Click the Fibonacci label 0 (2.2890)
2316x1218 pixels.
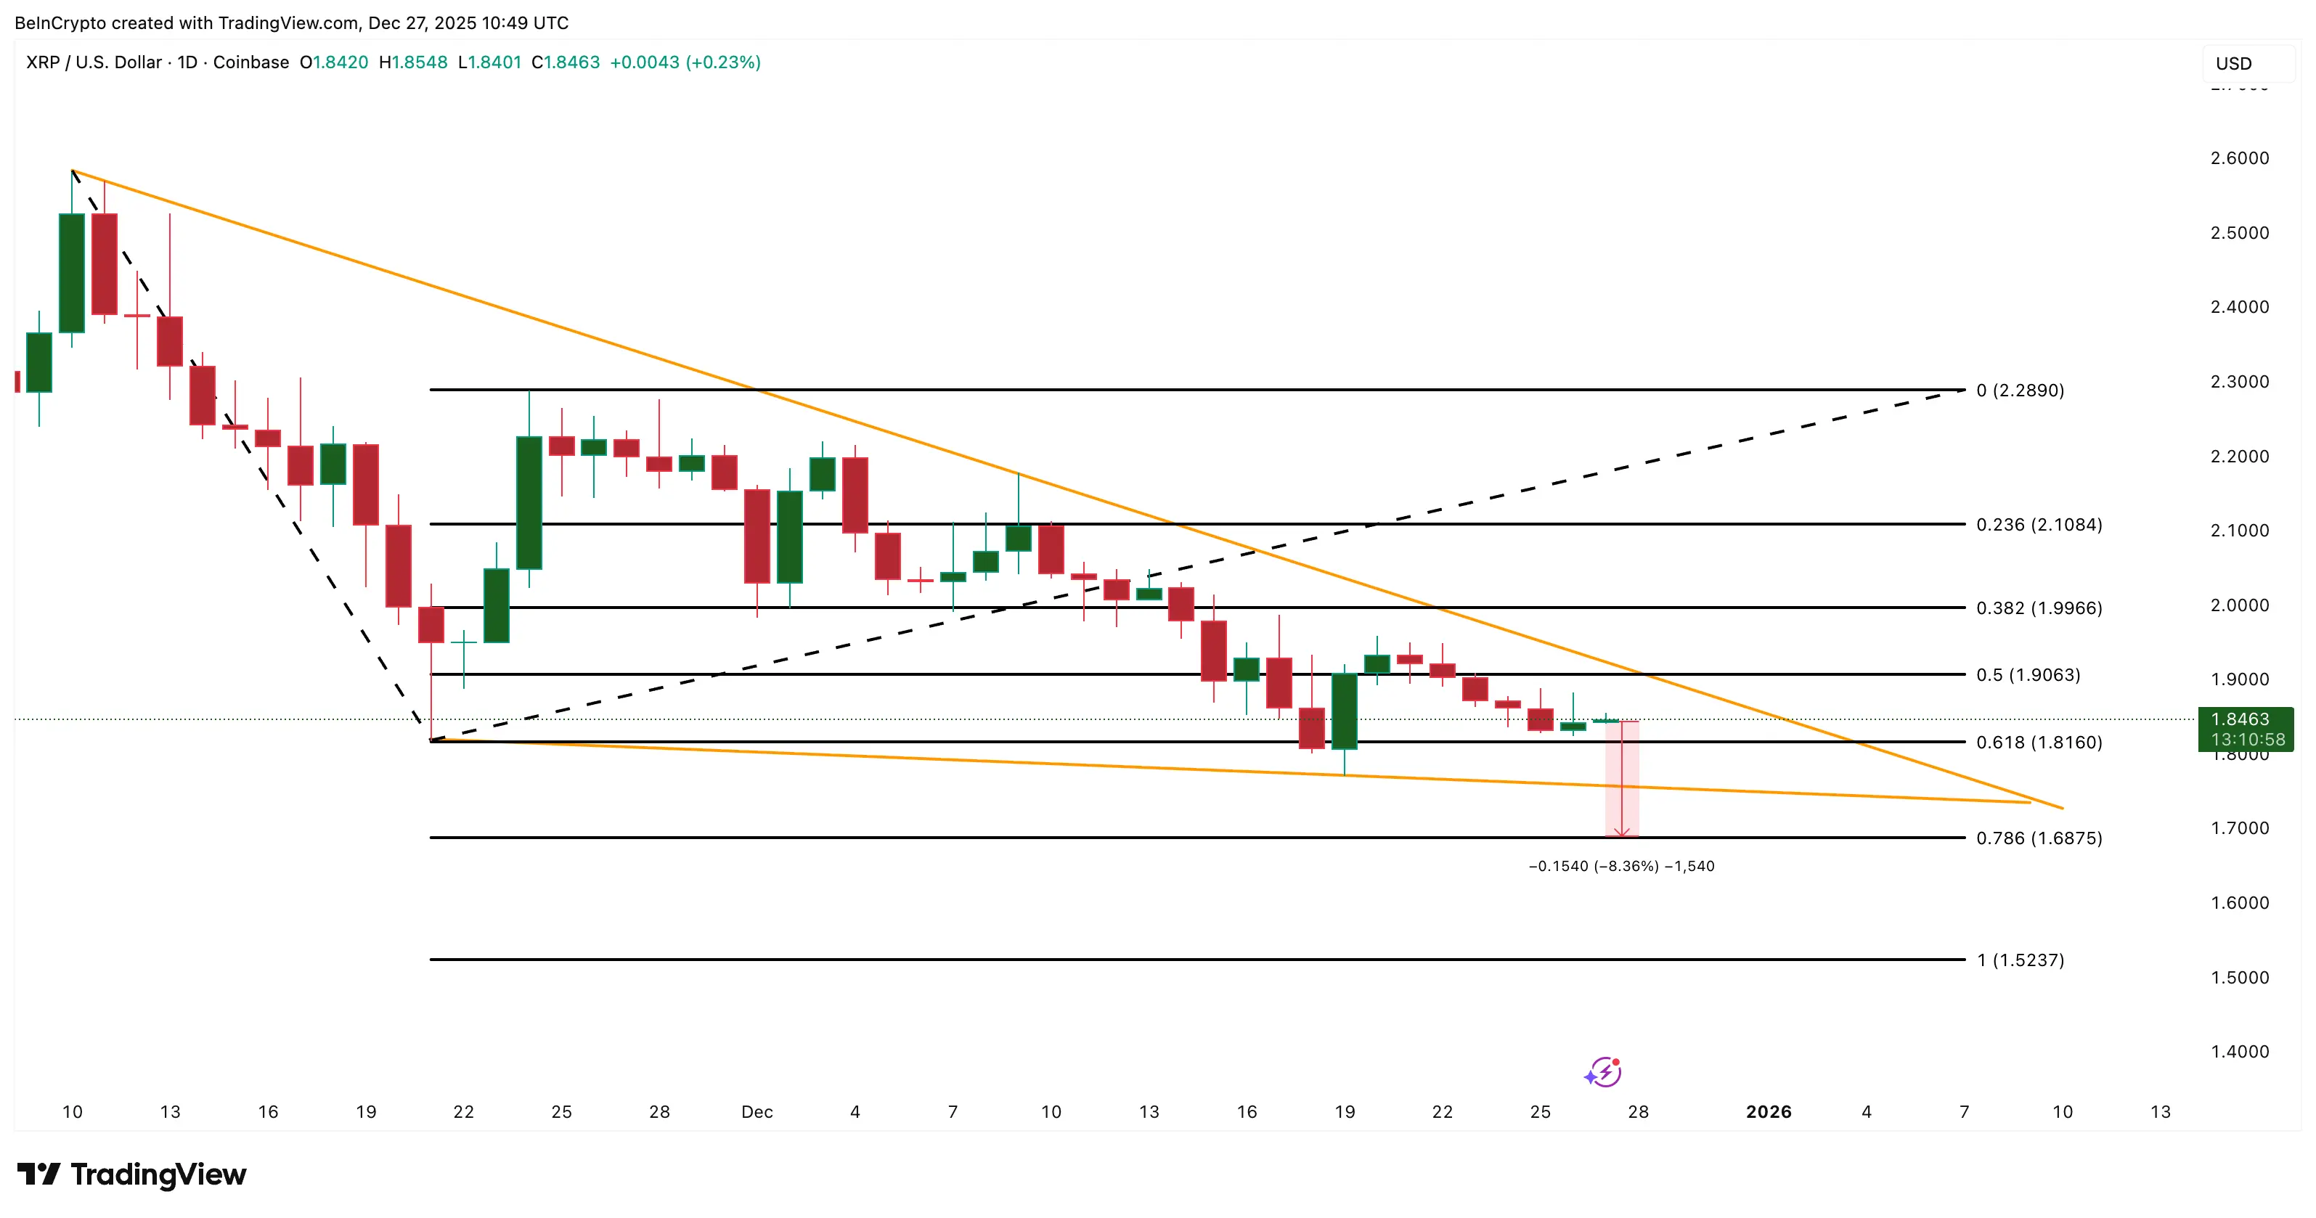(x=2019, y=390)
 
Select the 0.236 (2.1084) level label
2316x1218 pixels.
(x=2038, y=524)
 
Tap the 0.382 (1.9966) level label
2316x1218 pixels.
(x=2038, y=608)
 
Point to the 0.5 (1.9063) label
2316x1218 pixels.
(x=2027, y=674)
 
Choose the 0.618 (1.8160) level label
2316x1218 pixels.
(x=2038, y=742)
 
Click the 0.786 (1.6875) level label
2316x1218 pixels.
(x=2038, y=838)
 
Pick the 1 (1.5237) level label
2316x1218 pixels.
(x=2019, y=960)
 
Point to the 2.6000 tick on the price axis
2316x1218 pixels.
(x=2239, y=158)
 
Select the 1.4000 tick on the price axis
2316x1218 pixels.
(x=2239, y=1052)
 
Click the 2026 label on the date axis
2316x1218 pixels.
(x=1768, y=1112)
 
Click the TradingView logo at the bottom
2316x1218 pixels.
(x=131, y=1174)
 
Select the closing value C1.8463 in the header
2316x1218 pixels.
(x=566, y=62)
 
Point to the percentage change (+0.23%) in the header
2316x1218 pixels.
(x=723, y=62)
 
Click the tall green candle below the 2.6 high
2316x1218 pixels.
(x=72, y=272)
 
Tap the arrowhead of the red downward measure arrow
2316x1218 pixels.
(x=1621, y=833)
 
